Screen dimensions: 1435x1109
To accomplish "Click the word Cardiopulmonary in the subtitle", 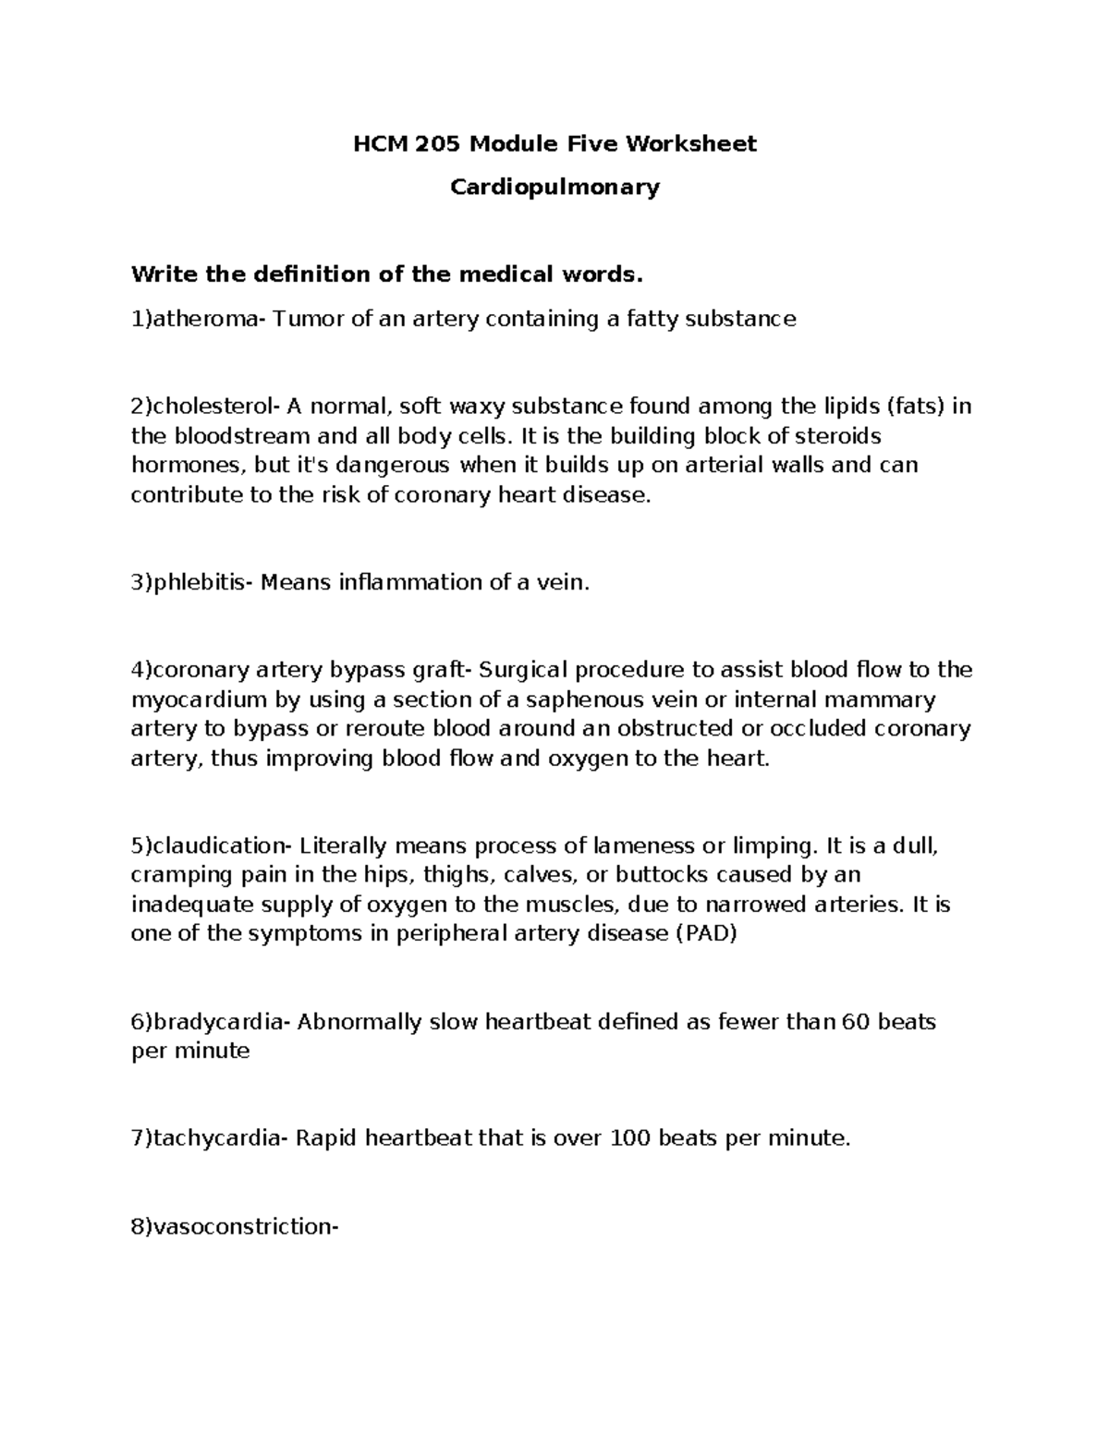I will point(554,188).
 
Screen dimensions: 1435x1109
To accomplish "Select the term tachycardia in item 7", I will point(218,1138).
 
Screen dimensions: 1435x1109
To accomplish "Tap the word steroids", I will point(838,436).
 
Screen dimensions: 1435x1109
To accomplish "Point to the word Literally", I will point(344,845).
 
